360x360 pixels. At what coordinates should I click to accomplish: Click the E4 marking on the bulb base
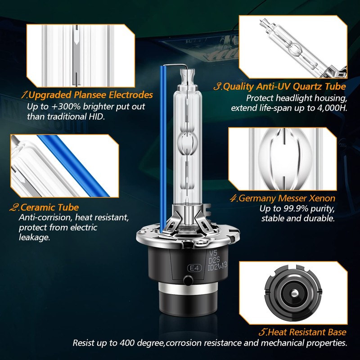click(x=194, y=268)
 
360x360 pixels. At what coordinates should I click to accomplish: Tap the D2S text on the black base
click(x=214, y=260)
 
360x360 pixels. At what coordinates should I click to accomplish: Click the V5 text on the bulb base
click(x=213, y=253)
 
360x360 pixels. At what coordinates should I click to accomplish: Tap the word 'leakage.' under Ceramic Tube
click(x=35, y=238)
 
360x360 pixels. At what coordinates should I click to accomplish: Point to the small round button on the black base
click(x=188, y=280)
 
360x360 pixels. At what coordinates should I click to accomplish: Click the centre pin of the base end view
click(x=293, y=293)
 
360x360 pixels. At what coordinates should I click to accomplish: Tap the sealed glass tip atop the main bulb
click(x=188, y=76)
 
